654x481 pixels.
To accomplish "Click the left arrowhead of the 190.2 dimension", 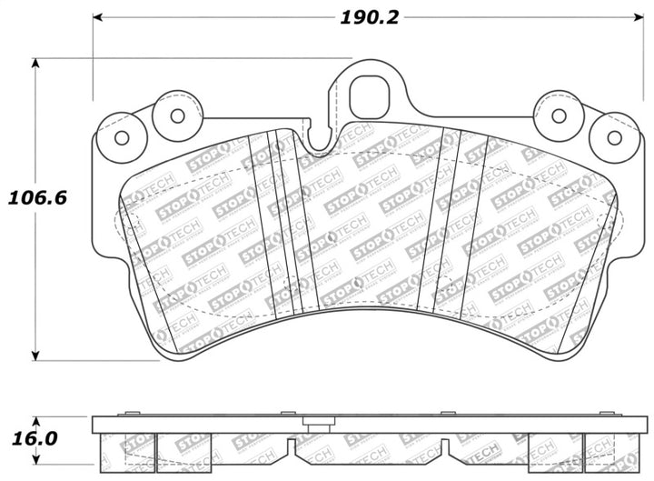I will point(98,17).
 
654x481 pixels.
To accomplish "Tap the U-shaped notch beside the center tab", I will point(319,138).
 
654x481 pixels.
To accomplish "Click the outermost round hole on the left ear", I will point(121,137).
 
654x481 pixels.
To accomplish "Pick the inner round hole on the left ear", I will point(177,115).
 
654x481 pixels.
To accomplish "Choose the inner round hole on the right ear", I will point(559,115).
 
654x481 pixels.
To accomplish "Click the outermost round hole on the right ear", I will point(614,137).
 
